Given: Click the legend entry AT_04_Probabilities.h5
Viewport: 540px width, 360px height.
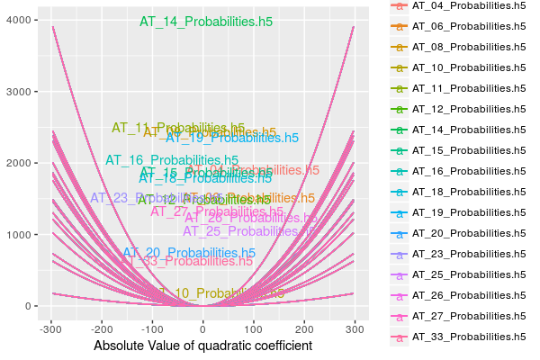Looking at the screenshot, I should click(469, 5).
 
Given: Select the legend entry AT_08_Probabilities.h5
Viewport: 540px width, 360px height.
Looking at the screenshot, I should click(469, 47).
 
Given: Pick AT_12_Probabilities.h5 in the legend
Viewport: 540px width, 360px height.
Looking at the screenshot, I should click(469, 109).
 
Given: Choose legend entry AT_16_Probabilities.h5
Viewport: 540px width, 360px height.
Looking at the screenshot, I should click(469, 171).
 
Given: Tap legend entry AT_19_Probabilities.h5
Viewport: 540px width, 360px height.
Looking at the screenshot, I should click(469, 213).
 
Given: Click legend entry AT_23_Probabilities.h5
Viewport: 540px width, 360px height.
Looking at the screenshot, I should click(469, 255).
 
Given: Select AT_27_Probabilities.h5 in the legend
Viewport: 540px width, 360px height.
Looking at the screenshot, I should click(469, 317).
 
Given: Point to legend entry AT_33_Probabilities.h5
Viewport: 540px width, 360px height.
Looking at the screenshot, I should click(469, 337).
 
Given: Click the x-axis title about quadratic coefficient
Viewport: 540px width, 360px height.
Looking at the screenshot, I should click(203, 346).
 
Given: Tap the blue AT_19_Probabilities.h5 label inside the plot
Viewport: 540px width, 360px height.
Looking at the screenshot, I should click(232, 139).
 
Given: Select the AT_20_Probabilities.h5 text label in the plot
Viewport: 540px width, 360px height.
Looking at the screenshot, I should click(189, 253).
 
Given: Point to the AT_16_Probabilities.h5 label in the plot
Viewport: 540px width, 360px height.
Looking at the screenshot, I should click(172, 160).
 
